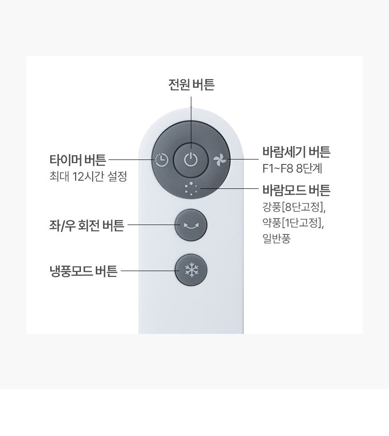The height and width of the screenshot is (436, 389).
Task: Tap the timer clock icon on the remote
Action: pos(161,160)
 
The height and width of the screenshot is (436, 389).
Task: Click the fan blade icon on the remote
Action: pos(220,160)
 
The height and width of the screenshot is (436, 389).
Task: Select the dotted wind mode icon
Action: pos(191,189)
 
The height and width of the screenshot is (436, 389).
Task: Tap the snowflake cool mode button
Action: pos(191,270)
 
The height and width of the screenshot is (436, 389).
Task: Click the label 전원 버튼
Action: pos(191,85)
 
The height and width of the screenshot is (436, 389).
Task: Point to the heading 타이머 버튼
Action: pos(78,160)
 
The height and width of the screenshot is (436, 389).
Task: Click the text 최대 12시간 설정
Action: pos(88,176)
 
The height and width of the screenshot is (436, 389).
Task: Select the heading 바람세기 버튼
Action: pos(296,152)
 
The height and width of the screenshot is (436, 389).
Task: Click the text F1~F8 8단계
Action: pos(292,169)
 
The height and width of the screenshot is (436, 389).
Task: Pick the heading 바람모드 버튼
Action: pos(296,190)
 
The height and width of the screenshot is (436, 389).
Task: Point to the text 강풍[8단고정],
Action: pos(294,207)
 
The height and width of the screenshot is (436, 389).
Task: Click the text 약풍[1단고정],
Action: pos(293,223)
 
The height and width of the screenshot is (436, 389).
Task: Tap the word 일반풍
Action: pos(276,239)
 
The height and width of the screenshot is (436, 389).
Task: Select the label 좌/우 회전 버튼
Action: pos(86,225)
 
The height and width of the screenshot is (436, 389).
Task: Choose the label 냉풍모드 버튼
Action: pos(83,271)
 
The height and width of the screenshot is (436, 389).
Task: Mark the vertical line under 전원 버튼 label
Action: pos(191,123)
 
